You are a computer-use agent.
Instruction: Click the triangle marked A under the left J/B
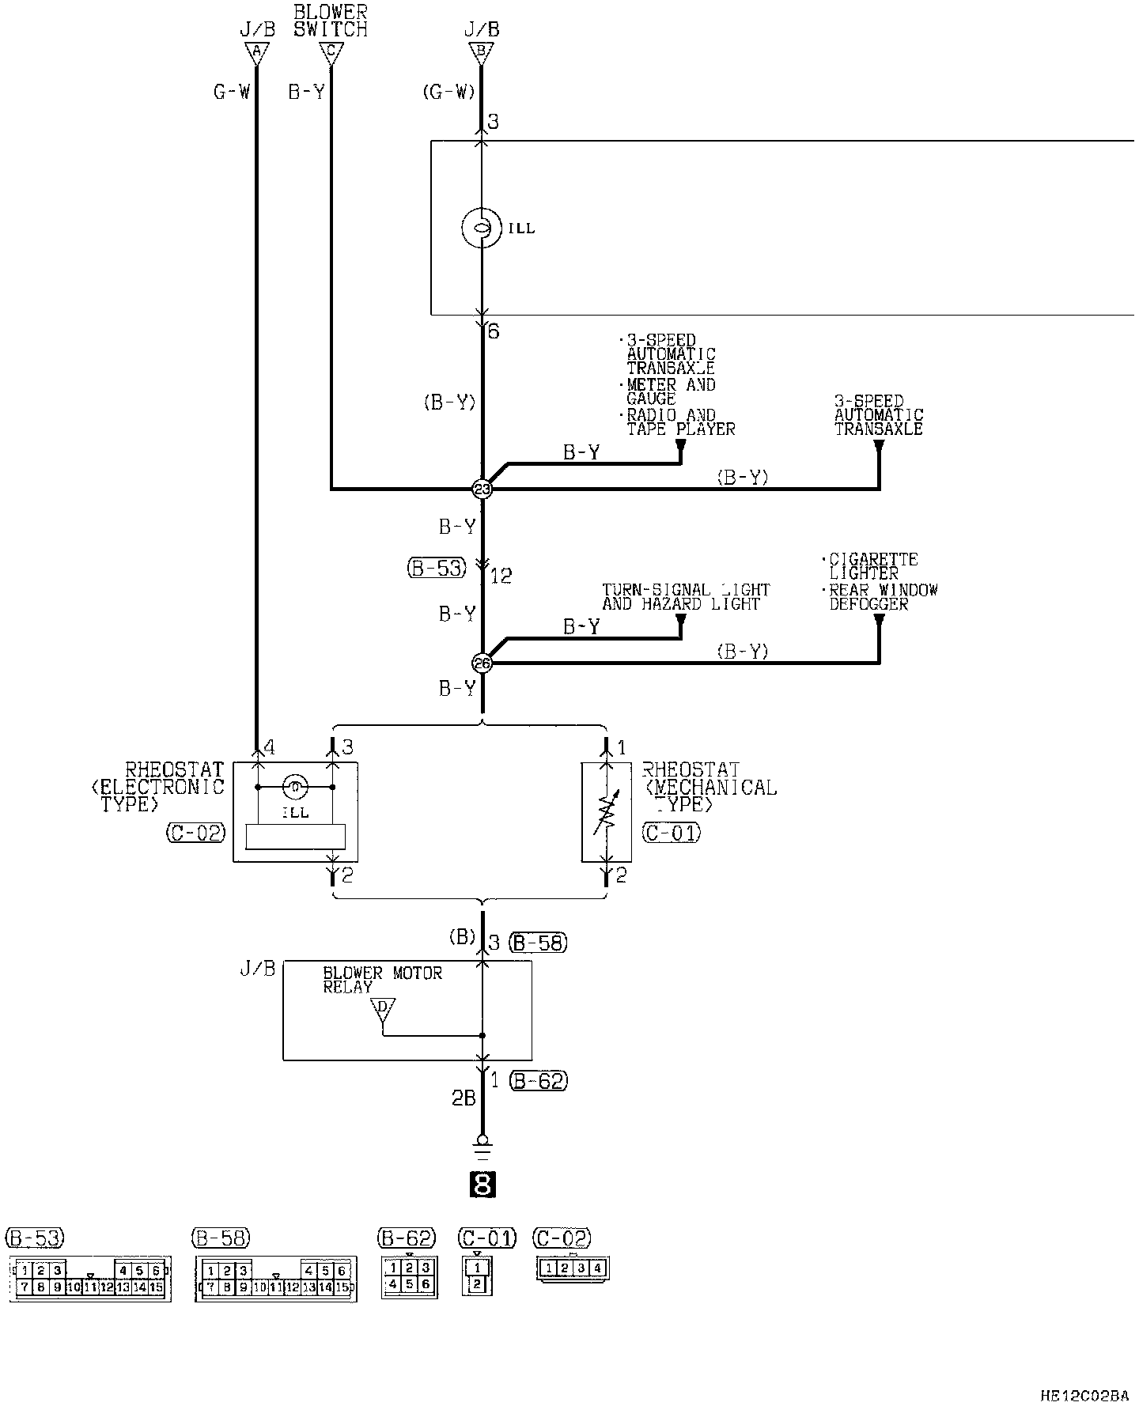pyautogui.click(x=255, y=53)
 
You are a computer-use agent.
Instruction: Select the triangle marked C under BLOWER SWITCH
pyautogui.click(x=331, y=53)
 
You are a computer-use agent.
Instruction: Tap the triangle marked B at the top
pyautogui.click(x=481, y=53)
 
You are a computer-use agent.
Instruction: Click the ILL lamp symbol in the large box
pyautogui.click(x=481, y=228)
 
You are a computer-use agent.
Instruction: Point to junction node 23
pyautogui.click(x=482, y=489)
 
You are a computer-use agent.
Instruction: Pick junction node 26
pyautogui.click(x=482, y=663)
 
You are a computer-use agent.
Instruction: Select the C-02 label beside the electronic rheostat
pyautogui.click(x=195, y=832)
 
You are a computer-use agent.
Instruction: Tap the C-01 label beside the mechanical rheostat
pyautogui.click(x=671, y=832)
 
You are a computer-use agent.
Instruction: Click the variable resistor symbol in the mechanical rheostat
pyautogui.click(x=606, y=815)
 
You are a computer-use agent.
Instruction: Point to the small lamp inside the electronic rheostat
pyautogui.click(x=294, y=788)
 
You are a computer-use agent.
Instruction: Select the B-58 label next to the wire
pyautogui.click(x=539, y=942)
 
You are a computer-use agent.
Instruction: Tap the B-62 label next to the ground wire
pyautogui.click(x=539, y=1080)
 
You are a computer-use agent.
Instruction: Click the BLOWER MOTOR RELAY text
pyautogui.click(x=381, y=980)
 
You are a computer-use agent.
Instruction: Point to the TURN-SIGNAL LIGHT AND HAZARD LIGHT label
pyautogui.click(x=685, y=597)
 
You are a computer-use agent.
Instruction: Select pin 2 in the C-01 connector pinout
pyautogui.click(x=477, y=1284)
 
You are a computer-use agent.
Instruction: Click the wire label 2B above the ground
pyautogui.click(x=463, y=1098)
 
